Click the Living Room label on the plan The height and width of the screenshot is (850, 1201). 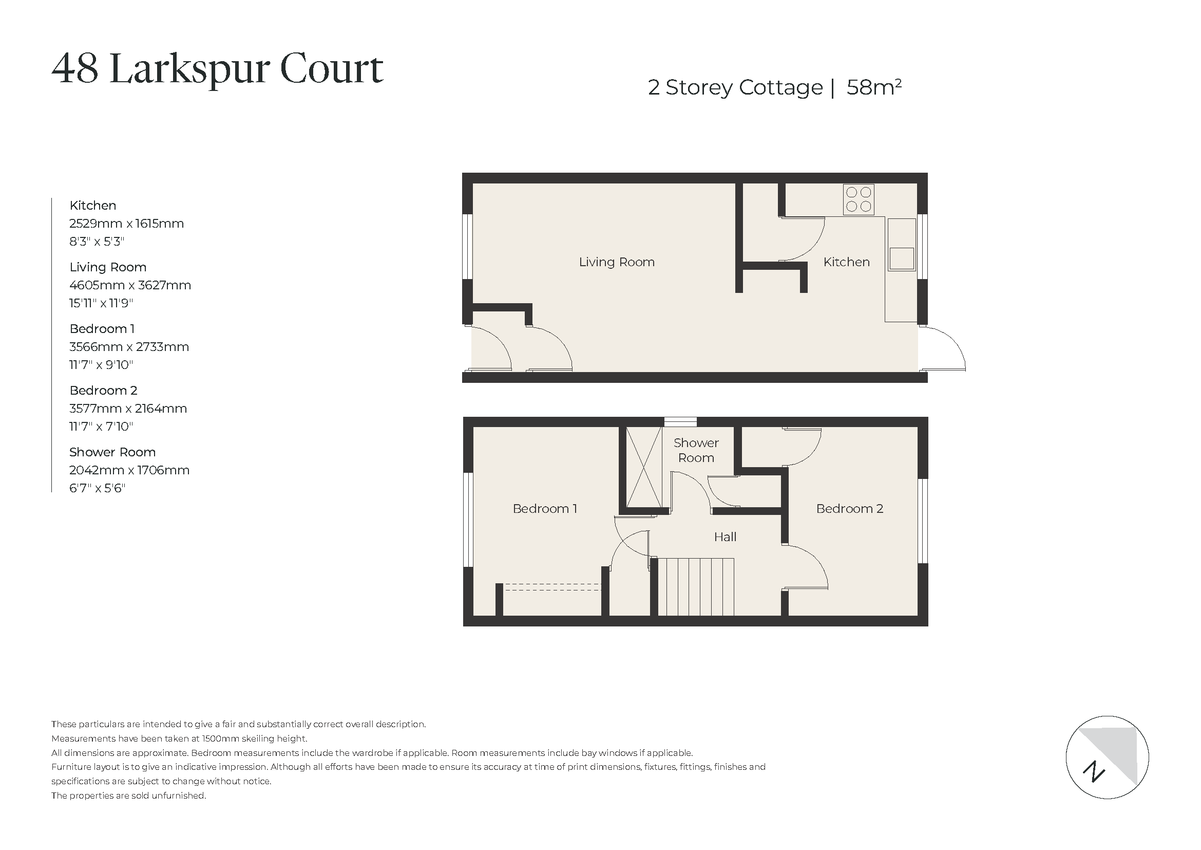pos(616,262)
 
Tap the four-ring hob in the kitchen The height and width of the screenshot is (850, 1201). pos(859,200)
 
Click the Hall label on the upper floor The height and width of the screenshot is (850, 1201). pos(725,537)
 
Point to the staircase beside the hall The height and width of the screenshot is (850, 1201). pos(696,587)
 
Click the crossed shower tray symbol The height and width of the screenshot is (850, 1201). pos(643,467)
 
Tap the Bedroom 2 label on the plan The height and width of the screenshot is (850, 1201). pos(849,509)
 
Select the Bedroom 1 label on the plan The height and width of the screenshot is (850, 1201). pos(544,509)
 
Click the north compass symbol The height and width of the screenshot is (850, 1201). pos(1108,757)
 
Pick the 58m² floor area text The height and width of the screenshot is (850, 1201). pos(873,87)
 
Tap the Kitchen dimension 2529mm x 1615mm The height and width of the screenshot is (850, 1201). pos(127,224)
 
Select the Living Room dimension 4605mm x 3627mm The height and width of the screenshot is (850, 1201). pos(130,286)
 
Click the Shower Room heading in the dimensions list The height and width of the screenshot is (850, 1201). pos(112,452)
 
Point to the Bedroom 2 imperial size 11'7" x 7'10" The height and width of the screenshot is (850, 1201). pos(101,427)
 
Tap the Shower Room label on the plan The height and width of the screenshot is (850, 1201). pos(696,450)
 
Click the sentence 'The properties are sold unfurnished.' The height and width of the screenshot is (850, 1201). pos(129,796)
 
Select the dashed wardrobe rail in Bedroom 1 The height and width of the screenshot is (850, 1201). pos(552,587)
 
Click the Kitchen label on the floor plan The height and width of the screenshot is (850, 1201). pos(846,262)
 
